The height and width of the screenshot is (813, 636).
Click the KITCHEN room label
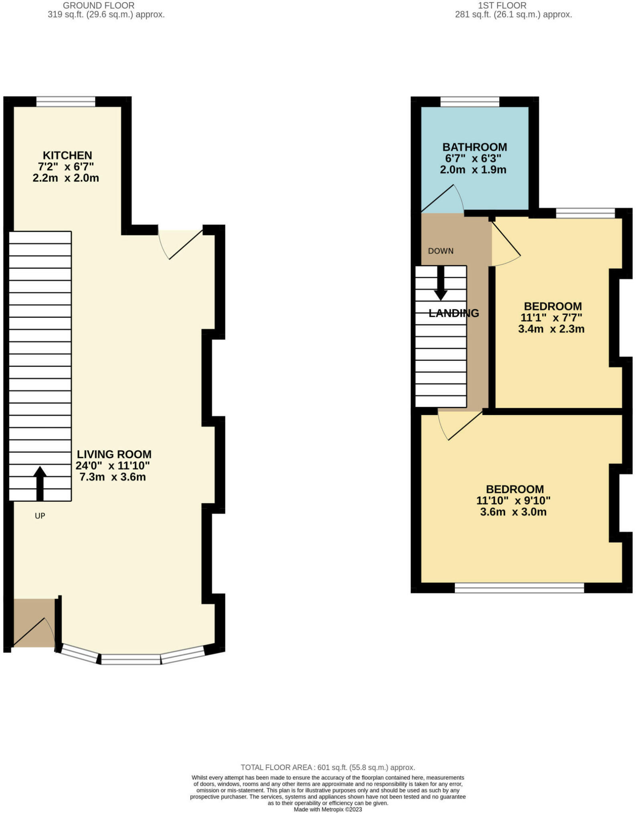pyautogui.click(x=67, y=155)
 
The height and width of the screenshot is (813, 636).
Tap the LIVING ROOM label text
pyautogui.click(x=114, y=454)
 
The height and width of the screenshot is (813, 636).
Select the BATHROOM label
pyautogui.click(x=474, y=147)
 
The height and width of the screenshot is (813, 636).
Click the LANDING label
pyautogui.click(x=454, y=313)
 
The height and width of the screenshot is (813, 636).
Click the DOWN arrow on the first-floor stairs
pyautogui.click(x=441, y=283)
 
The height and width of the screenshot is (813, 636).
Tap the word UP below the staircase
pyautogui.click(x=40, y=516)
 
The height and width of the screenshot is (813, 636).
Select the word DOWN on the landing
pyautogui.click(x=441, y=251)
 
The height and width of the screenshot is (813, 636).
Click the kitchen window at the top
pyautogui.click(x=66, y=102)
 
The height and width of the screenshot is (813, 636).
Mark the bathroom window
pyautogui.click(x=470, y=102)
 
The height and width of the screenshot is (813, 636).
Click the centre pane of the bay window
pyautogui.click(x=131, y=659)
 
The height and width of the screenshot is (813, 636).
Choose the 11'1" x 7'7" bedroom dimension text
pyautogui.click(x=551, y=318)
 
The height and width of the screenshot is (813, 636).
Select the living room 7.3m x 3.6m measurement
pyautogui.click(x=112, y=477)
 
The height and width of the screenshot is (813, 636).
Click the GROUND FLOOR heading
pyautogui.click(x=99, y=6)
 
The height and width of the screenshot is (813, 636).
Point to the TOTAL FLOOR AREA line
pyautogui.click(x=328, y=767)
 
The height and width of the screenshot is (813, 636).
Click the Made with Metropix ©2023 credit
pyautogui.click(x=328, y=809)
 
